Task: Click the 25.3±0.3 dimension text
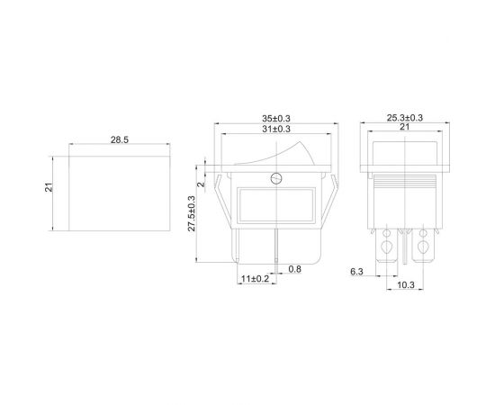click(404, 117)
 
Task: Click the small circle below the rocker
click(274, 176)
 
